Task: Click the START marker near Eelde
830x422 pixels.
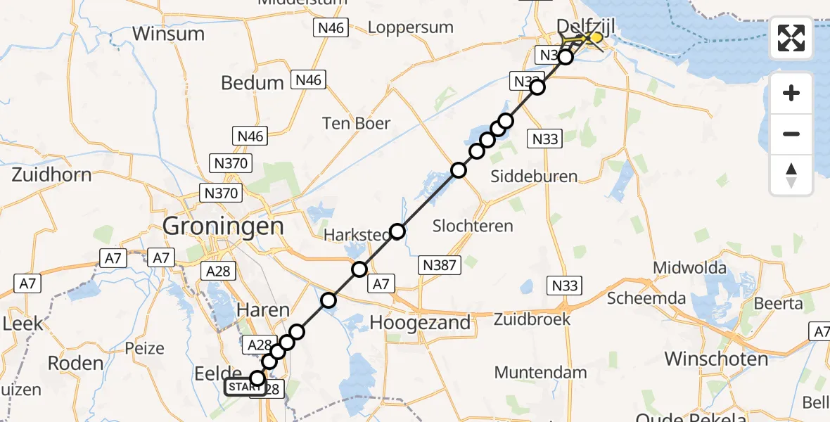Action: click(246, 387)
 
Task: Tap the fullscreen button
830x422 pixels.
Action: click(791, 38)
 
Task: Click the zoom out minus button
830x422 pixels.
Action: click(791, 134)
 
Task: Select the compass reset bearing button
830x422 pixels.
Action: click(791, 175)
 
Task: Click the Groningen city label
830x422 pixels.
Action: click(223, 226)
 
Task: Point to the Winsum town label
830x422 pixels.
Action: click(168, 33)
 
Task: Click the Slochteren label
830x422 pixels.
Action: click(473, 226)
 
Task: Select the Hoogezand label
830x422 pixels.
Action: click(419, 322)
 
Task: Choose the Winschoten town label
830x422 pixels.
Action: click(716, 359)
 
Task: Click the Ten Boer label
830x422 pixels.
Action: click(356, 123)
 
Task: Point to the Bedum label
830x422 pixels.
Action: click(253, 82)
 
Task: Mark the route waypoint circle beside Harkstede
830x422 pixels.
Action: click(398, 231)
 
